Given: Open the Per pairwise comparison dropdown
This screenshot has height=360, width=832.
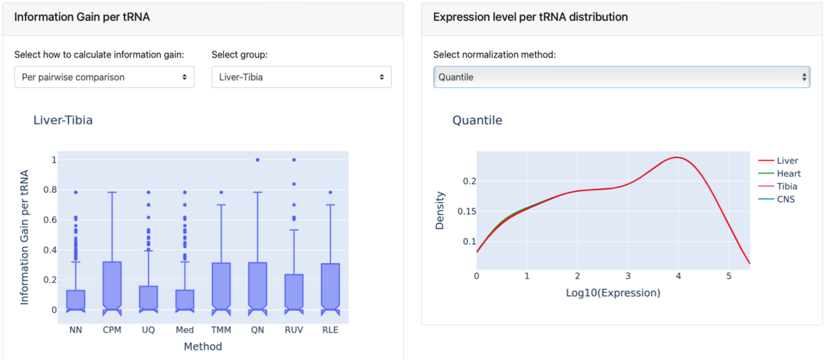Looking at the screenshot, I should coord(104,77).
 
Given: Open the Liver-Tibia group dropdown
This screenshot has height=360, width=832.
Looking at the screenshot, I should coord(301,77).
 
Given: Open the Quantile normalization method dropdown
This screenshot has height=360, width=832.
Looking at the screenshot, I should coord(621,77).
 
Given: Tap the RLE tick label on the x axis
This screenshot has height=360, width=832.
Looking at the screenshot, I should coord(330,330).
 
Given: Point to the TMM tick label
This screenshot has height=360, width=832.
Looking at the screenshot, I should coord(221,330).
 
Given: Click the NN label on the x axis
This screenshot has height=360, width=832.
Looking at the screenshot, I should coord(76,330).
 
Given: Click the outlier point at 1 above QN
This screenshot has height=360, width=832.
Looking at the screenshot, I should coord(258,160).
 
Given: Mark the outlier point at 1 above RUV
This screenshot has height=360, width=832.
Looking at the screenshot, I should coord(294,160).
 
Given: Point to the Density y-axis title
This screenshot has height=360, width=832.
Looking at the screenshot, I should coord(440,211).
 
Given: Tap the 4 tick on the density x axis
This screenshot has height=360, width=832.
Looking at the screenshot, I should coord(678,276).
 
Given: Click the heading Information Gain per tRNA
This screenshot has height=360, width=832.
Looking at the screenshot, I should coord(82,17).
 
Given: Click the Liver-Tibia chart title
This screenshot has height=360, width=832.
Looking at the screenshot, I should coord(63,120).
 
